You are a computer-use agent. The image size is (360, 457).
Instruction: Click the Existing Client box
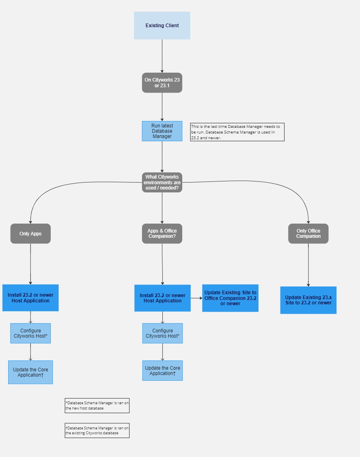click(x=162, y=26)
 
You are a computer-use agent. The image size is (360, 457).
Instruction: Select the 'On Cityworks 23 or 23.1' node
click(x=162, y=83)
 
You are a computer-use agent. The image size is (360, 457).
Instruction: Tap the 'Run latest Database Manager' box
click(x=162, y=131)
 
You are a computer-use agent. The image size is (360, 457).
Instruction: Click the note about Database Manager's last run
click(x=237, y=132)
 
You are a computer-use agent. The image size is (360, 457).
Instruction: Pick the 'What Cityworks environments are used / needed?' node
click(x=162, y=182)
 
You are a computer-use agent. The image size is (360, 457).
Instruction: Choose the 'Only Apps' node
click(x=30, y=234)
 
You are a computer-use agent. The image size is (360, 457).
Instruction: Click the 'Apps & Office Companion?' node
click(x=162, y=234)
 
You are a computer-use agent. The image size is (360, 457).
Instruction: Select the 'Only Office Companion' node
click(x=308, y=234)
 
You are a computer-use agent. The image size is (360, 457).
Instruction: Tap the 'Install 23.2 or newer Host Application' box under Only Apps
click(x=30, y=298)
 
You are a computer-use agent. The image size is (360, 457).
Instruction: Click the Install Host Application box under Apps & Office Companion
click(x=162, y=298)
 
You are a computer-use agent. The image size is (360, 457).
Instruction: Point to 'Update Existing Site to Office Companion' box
click(x=230, y=298)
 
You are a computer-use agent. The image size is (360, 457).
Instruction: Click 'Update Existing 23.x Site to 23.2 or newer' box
click(x=308, y=300)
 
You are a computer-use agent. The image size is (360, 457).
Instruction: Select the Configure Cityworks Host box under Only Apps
click(x=30, y=333)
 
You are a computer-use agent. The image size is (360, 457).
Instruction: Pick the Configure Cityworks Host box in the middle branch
click(x=162, y=333)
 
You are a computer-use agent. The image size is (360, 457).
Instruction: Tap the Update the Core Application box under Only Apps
click(x=30, y=372)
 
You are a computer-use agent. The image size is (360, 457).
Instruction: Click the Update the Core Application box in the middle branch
click(x=162, y=371)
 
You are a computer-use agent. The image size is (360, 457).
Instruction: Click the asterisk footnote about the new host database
click(x=97, y=405)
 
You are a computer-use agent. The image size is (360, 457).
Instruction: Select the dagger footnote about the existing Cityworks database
click(x=97, y=430)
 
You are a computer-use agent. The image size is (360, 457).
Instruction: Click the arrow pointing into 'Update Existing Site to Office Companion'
click(x=196, y=298)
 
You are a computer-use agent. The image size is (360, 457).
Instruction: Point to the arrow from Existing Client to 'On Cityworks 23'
click(x=162, y=56)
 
